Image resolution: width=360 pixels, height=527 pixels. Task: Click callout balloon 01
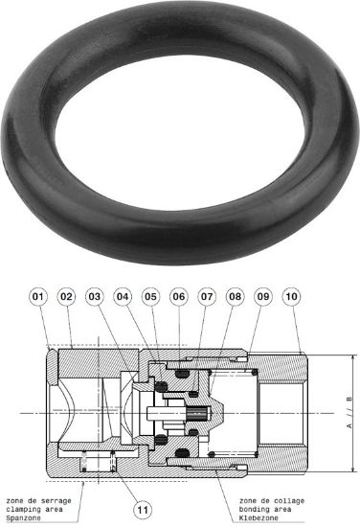pos(37,299)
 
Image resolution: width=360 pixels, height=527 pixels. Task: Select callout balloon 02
pos(66,299)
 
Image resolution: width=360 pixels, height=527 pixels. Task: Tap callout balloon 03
pos(95,299)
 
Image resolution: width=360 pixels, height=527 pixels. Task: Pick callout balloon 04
pos(123,299)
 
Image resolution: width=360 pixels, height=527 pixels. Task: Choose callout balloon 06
pos(179,299)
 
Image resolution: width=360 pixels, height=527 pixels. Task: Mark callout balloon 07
pos(208,299)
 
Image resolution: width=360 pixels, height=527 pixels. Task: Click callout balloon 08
pos(236,299)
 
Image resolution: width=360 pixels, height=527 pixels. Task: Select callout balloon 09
pos(264,299)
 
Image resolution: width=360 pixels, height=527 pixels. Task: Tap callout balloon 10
pos(292,299)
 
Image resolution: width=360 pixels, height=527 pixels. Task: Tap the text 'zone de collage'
pos(251,500)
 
